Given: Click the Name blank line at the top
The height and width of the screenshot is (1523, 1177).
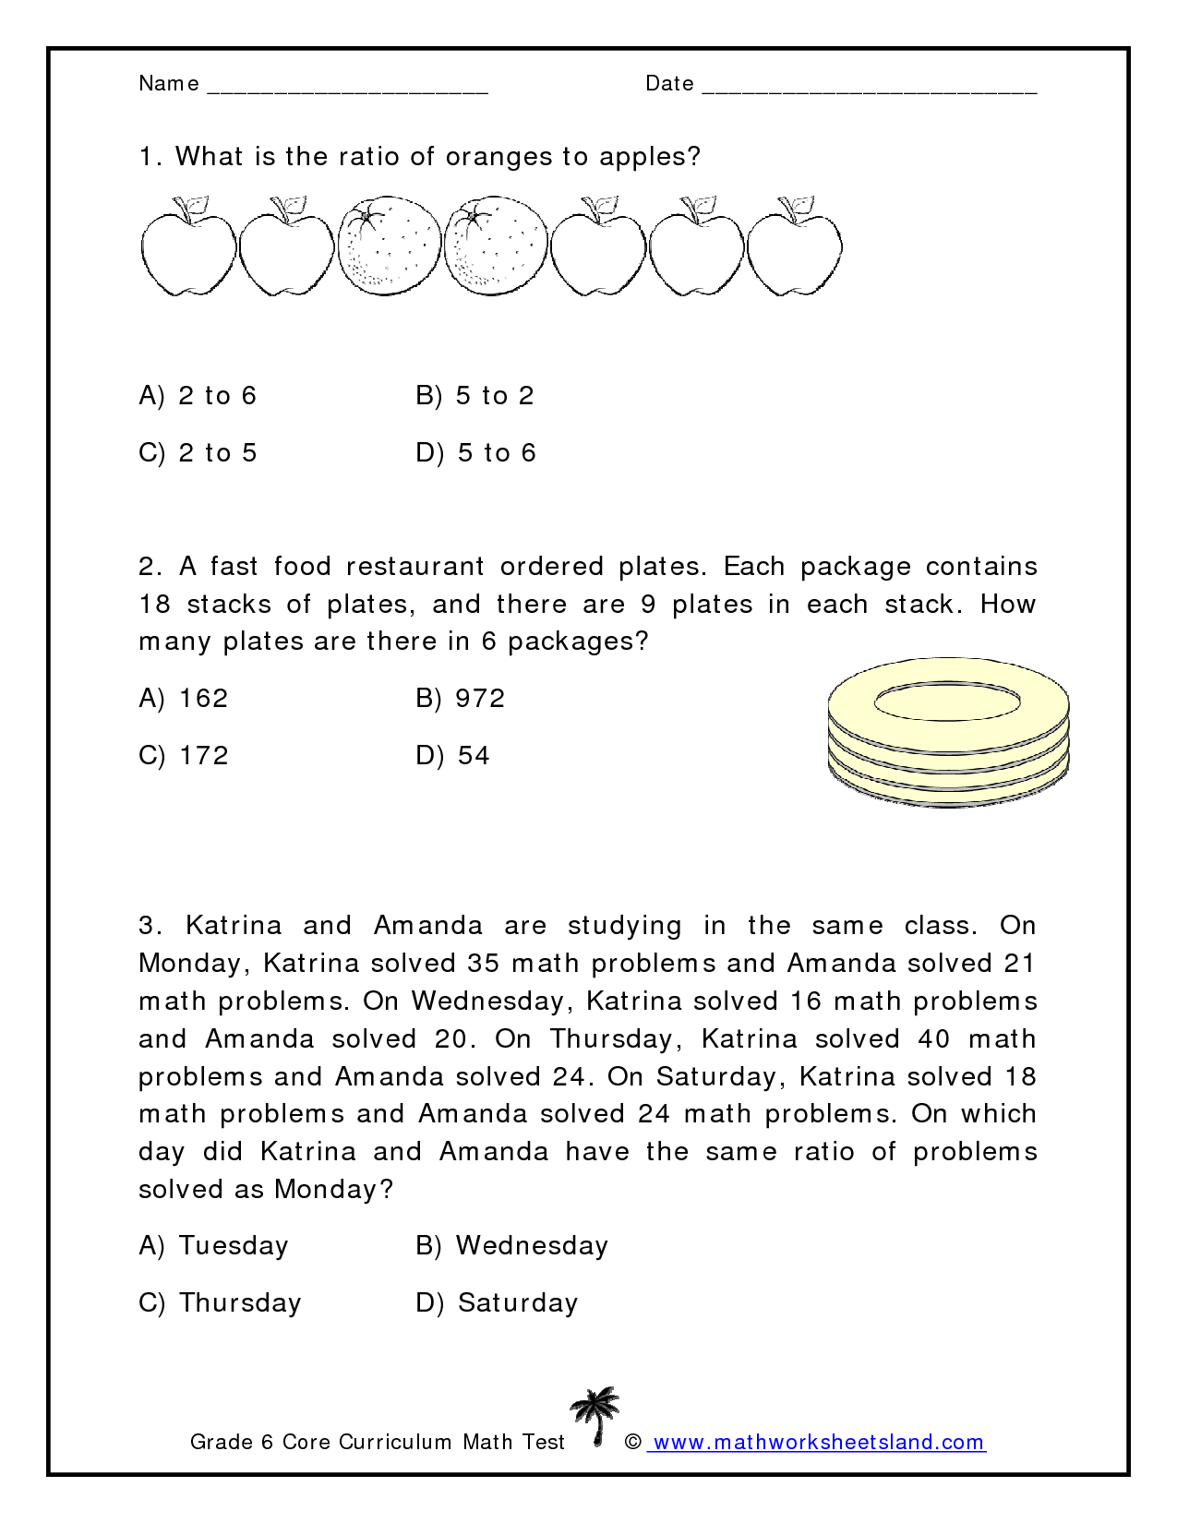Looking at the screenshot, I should pyautogui.click(x=348, y=90).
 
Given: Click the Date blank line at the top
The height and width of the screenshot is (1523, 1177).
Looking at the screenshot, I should pyautogui.click(x=869, y=90).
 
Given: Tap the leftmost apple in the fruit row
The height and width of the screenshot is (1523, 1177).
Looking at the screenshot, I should pyautogui.click(x=188, y=247).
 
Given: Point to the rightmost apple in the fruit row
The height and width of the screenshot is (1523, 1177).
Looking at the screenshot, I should pyautogui.click(x=794, y=247).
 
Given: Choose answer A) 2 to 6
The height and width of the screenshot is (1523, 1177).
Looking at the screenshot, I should pyautogui.click(x=198, y=396).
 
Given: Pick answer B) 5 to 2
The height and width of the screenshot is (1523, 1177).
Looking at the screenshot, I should pyautogui.click(x=474, y=396).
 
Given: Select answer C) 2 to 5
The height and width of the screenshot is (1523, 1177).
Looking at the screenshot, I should pyautogui.click(x=198, y=453).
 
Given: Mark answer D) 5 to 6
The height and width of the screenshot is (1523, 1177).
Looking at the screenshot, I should pyautogui.click(x=475, y=453).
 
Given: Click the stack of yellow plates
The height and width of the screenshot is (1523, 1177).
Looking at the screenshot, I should pyautogui.click(x=948, y=733).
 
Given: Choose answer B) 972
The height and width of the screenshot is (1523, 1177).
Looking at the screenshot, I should pyautogui.click(x=461, y=699).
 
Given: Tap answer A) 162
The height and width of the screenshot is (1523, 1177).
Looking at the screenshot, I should pyautogui.click(x=184, y=699).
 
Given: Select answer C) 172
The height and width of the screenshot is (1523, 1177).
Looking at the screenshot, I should pyautogui.click(x=184, y=756).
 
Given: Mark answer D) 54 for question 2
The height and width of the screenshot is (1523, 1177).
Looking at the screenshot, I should pyautogui.click(x=452, y=756).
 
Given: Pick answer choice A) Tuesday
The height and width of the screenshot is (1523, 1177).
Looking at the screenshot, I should pyautogui.click(x=213, y=1246).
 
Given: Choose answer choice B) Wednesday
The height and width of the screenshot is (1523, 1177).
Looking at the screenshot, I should pyautogui.click(x=511, y=1246).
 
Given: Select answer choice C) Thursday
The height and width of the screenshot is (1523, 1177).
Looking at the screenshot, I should pyautogui.click(x=220, y=1303).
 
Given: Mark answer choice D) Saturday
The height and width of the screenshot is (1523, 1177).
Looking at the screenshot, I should pyautogui.click(x=497, y=1303).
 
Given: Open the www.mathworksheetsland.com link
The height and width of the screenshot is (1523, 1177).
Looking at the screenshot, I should pyautogui.click(x=818, y=1443).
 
